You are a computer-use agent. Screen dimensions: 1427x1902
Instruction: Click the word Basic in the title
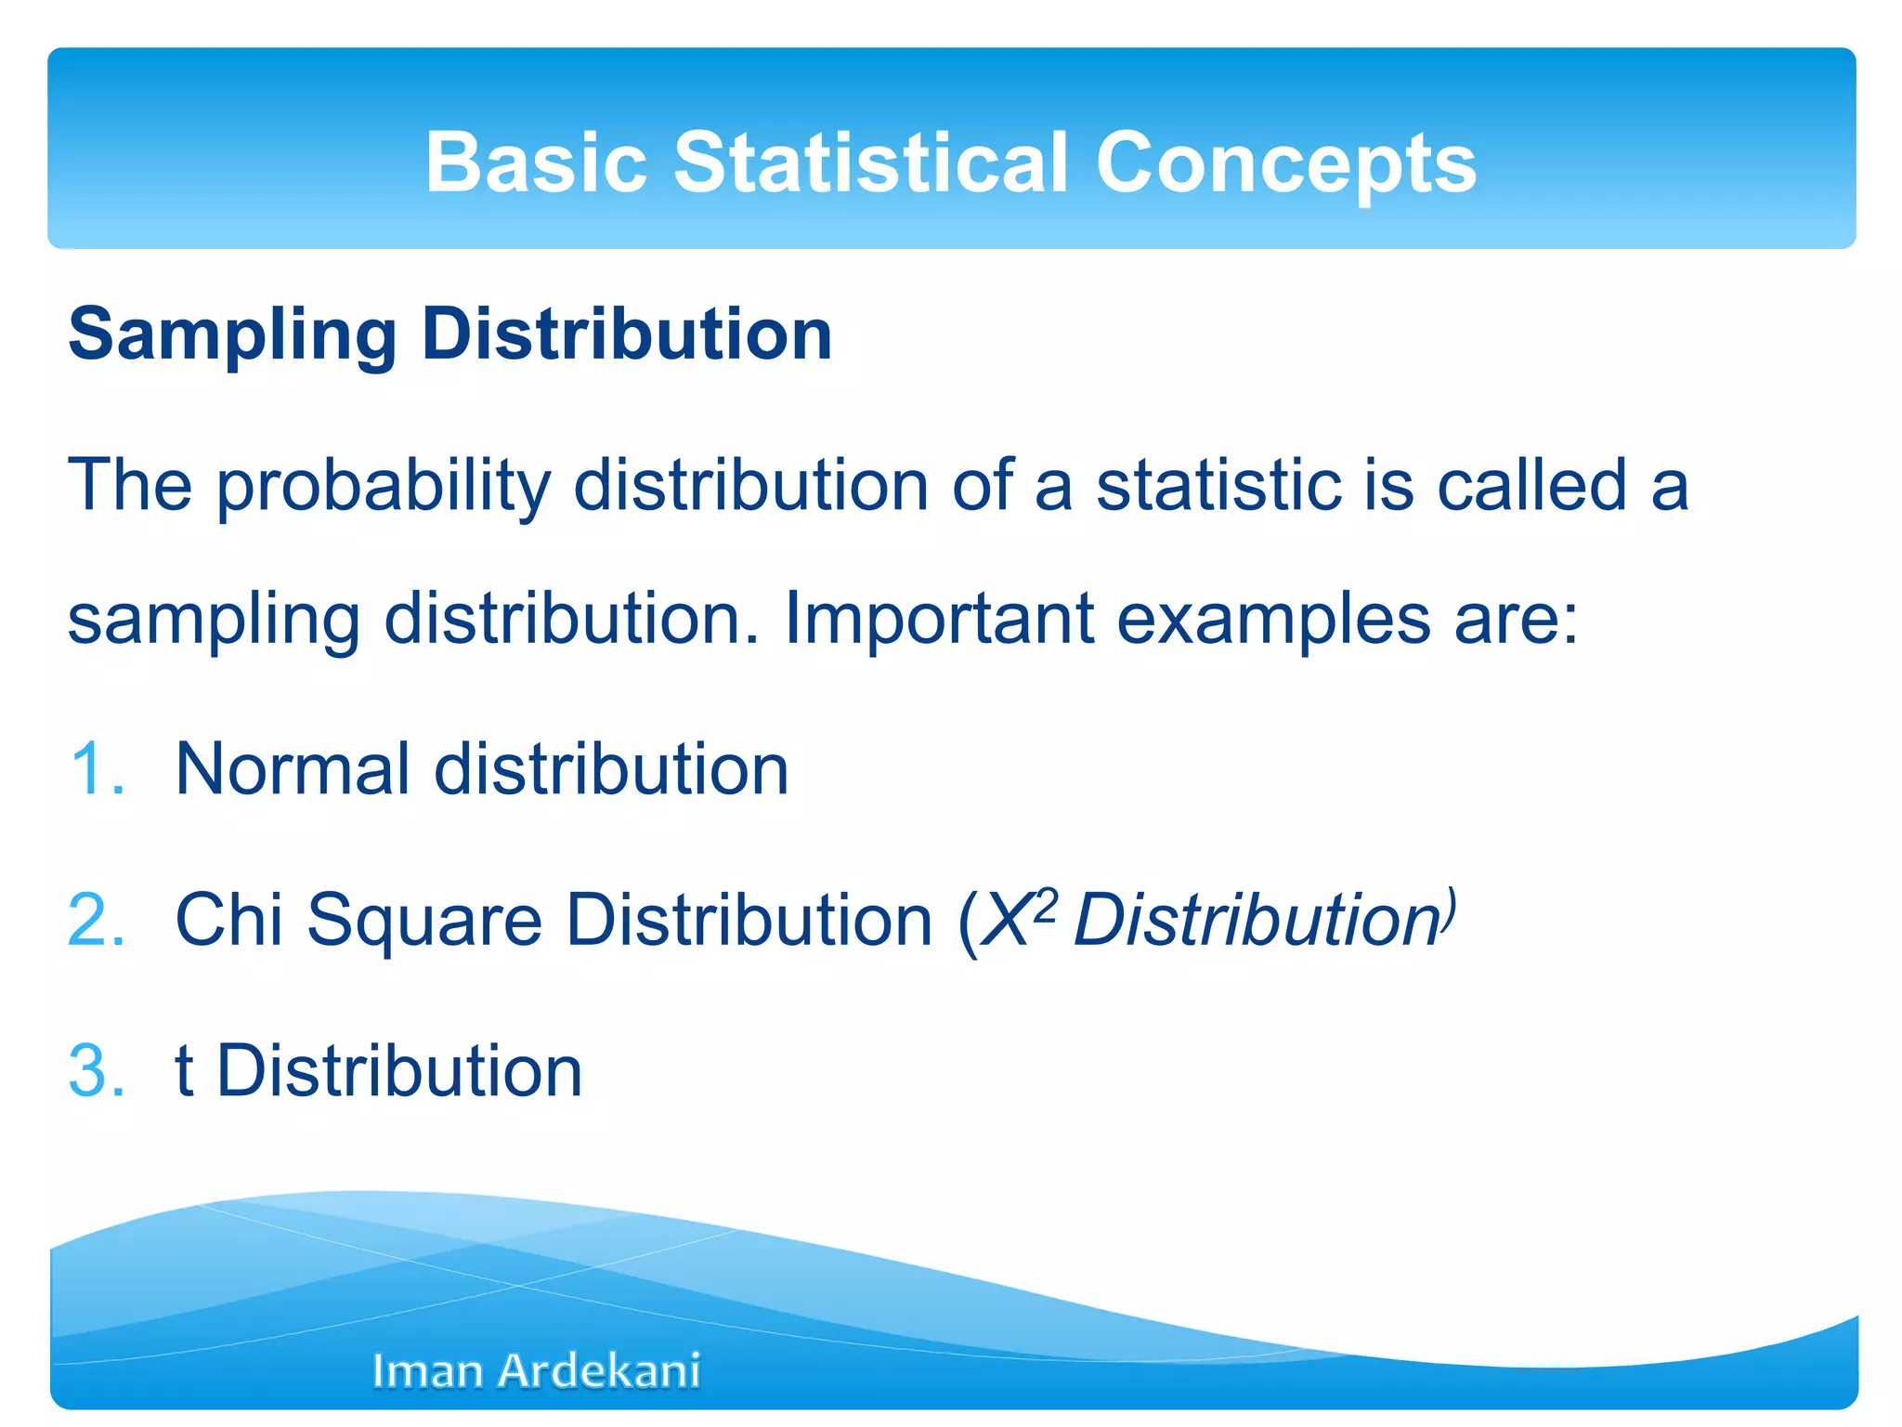click(x=536, y=163)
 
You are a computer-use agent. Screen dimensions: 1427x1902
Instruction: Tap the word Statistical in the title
click(x=870, y=163)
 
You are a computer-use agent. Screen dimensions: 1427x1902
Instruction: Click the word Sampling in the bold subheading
click(x=232, y=336)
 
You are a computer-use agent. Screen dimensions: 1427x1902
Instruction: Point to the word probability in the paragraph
click(x=384, y=488)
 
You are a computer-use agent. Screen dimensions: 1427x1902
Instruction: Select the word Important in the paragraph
click(x=939, y=619)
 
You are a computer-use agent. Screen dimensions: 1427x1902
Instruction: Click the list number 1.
click(x=96, y=769)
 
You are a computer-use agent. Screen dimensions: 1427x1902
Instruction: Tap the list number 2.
click(x=96, y=920)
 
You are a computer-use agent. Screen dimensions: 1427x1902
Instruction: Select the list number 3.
click(x=96, y=1070)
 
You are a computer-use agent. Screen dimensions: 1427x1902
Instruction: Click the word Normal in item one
click(x=293, y=769)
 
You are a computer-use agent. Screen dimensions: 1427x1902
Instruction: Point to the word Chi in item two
click(x=228, y=920)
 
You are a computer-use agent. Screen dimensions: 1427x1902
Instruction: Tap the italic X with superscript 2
click(x=1012, y=920)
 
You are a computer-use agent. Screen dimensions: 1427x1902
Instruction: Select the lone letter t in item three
click(x=184, y=1070)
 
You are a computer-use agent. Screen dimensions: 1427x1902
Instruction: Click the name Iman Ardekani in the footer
click(x=536, y=1370)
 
